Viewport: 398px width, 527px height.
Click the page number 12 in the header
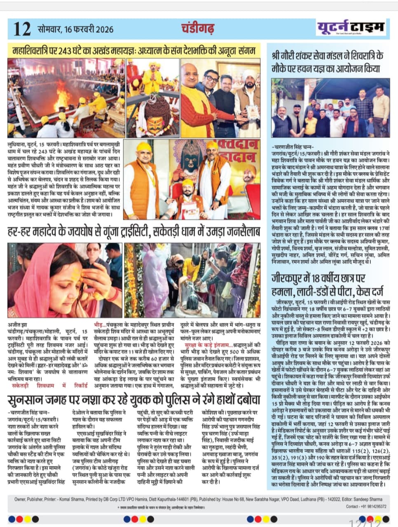click(22, 29)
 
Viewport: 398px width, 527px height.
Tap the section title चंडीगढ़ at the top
click(198, 28)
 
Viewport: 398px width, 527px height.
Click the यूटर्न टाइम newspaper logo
click(351, 28)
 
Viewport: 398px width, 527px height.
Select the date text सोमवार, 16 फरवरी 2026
click(75, 30)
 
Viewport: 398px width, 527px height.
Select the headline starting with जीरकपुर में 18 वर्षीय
click(328, 284)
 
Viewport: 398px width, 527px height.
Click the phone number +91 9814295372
click(372, 506)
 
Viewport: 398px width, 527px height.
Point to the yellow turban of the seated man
click(187, 183)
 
